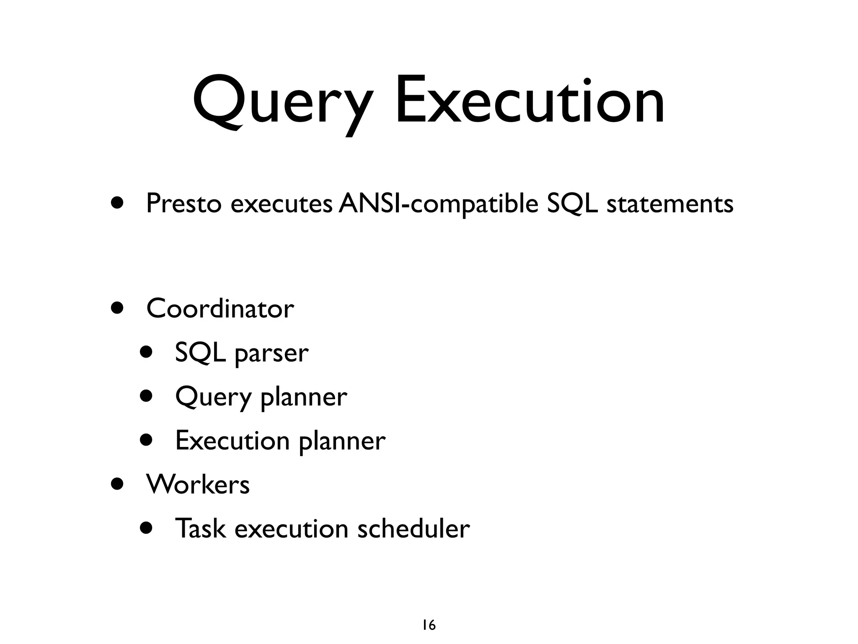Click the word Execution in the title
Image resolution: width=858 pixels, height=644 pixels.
tap(530, 101)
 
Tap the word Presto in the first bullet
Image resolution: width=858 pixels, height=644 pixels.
tap(183, 204)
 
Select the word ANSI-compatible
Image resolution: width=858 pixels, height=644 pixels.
tap(438, 204)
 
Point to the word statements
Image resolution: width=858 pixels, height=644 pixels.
tap(670, 204)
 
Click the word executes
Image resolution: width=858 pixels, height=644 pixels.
tap(282, 204)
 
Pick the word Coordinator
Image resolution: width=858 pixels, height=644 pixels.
tap(220, 309)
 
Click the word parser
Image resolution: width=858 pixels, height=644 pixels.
tap(271, 353)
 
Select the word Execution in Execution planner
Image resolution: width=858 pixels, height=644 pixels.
tap(232, 441)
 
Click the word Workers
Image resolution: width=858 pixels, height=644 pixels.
tap(198, 485)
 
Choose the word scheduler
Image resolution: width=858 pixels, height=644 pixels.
tap(413, 528)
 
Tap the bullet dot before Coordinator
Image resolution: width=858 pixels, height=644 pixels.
tap(118, 309)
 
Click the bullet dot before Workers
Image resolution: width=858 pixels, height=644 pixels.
tap(118, 484)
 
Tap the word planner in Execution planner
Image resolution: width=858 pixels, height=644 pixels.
tap(342, 441)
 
